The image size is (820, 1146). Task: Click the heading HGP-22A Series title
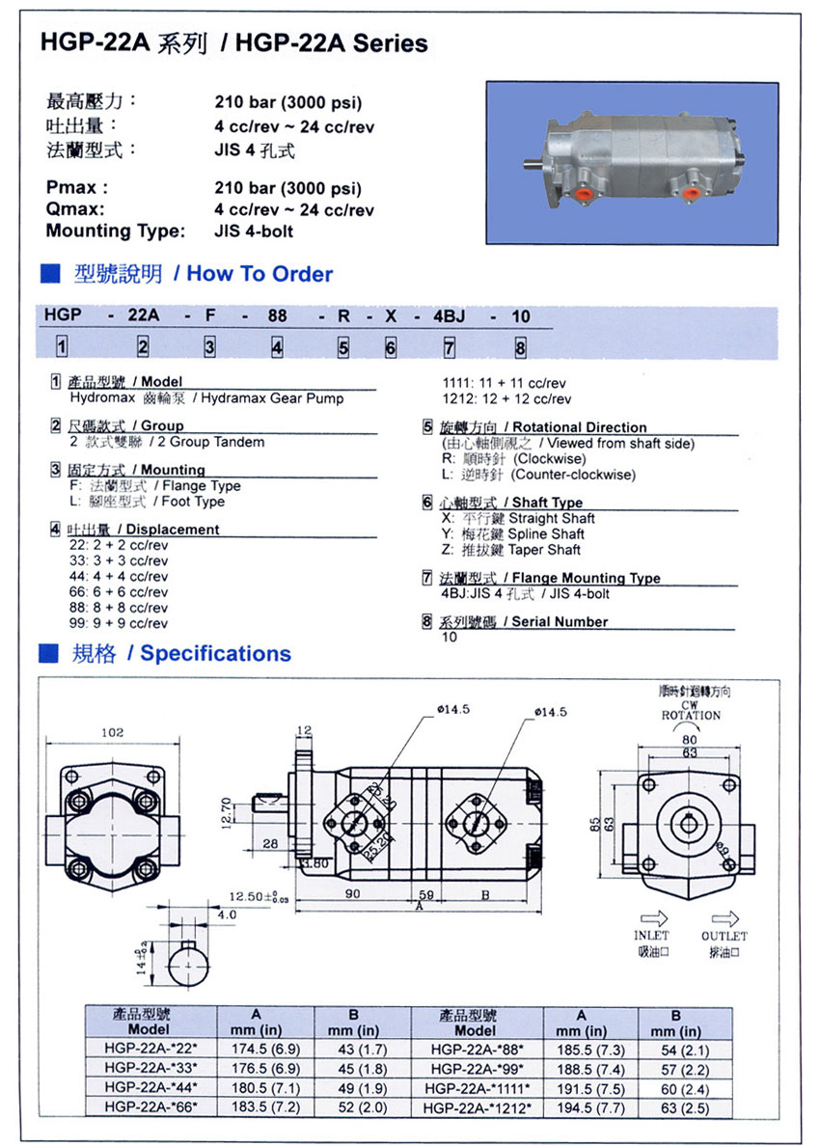pos(232,43)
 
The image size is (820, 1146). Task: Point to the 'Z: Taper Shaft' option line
pos(510,550)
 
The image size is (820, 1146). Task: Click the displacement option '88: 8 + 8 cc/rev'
pos(119,608)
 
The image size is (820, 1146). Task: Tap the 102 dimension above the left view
pos(113,733)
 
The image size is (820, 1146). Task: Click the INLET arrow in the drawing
pos(651,918)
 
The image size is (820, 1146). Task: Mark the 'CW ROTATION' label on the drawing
pos(690,710)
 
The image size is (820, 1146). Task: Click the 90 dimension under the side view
pos(353,894)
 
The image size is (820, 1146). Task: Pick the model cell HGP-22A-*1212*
pos(477,1108)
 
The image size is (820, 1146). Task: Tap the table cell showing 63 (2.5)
pos(676,1108)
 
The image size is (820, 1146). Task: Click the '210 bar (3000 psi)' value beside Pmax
pos(287,188)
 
